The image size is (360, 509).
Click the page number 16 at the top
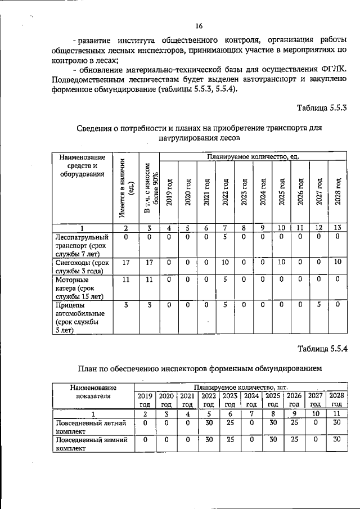pyautogui.click(x=199, y=26)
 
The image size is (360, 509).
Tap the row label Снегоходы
pyautogui.click(x=81, y=266)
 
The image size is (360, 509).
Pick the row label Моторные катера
pyautogui.click(x=81, y=287)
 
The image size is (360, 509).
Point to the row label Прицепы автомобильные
pyautogui.click(x=81, y=317)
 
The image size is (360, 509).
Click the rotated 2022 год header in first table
pyautogui.click(x=224, y=192)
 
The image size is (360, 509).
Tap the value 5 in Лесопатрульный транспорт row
pyautogui.click(x=224, y=237)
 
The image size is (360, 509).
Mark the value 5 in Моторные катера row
pyautogui.click(x=224, y=279)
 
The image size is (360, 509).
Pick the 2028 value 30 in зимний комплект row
pyautogui.click(x=336, y=440)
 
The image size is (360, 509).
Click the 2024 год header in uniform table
pyautogui.click(x=251, y=399)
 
